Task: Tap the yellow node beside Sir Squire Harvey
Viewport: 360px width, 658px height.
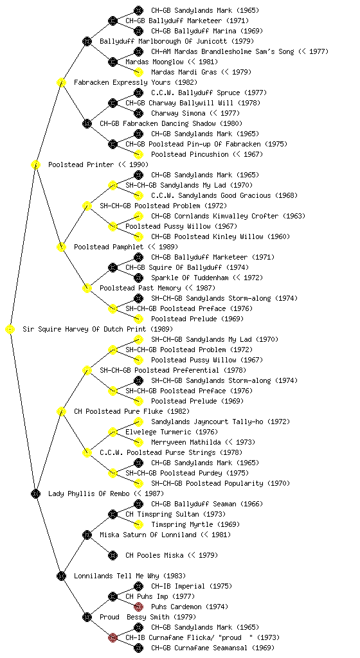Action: (x=10, y=330)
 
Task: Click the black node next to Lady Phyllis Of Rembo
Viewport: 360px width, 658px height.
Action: (x=35, y=494)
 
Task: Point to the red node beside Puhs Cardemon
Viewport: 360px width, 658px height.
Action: (x=138, y=607)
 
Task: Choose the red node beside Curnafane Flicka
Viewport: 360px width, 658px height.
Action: (x=113, y=638)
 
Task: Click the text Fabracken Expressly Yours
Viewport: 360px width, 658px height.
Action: (x=123, y=83)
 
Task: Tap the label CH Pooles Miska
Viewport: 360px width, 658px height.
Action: (x=154, y=556)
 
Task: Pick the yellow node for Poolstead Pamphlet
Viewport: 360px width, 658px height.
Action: (x=61, y=247)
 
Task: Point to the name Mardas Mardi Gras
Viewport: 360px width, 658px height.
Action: (x=184, y=72)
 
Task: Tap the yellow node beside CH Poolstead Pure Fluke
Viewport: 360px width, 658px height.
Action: (x=61, y=412)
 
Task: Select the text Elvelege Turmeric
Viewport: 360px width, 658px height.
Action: (x=158, y=432)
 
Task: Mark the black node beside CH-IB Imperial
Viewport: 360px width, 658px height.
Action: (x=138, y=586)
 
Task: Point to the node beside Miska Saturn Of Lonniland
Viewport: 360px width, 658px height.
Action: (x=87, y=535)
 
